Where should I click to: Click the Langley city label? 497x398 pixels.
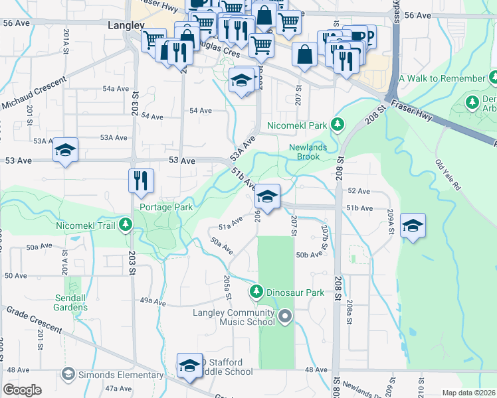point(126,25)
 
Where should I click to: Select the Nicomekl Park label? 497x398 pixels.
point(297,125)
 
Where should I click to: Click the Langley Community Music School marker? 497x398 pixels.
point(286,316)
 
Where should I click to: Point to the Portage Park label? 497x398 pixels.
point(166,207)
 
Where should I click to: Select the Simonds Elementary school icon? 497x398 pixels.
point(68,375)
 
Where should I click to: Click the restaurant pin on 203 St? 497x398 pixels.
point(141,180)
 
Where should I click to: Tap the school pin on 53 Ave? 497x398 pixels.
point(66,151)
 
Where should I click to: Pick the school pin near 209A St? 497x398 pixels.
point(413,226)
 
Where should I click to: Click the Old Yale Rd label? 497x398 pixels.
point(448,174)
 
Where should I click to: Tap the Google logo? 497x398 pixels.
point(22,390)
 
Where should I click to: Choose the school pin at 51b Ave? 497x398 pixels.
point(267,196)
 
